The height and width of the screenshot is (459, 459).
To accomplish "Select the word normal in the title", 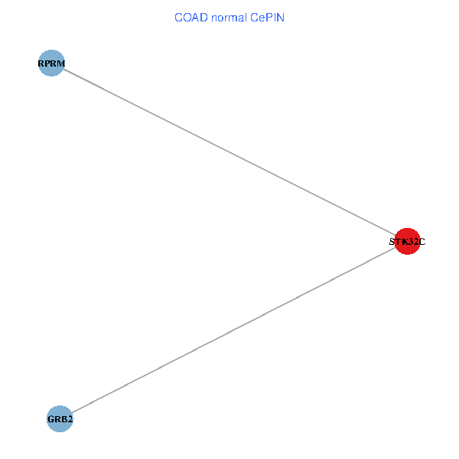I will click(226, 17).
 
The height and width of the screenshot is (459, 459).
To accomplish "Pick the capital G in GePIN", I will click(254, 17).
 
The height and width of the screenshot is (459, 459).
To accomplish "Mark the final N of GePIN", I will click(280, 17).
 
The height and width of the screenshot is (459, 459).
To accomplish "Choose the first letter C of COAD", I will click(177, 17).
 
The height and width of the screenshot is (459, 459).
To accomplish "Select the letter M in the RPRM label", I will click(60, 63).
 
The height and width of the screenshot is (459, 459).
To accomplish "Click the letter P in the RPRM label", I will click(47, 63).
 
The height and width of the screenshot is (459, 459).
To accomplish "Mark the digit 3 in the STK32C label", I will click(411, 242).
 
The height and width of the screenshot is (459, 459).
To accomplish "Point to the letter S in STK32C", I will click(392, 242).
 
